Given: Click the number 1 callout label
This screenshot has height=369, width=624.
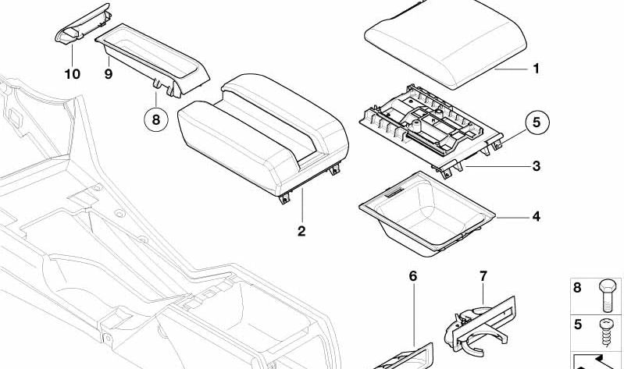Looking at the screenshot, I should coord(536,69).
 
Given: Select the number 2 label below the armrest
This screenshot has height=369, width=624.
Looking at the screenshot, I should coord(301,231).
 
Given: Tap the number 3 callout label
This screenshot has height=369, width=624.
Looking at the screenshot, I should coord(536,166).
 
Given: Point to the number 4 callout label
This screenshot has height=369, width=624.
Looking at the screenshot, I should coord(536,216).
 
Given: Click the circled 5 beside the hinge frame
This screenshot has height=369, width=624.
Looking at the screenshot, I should coord(536,122).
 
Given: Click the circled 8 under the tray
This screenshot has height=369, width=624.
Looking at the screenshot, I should coord(155,120).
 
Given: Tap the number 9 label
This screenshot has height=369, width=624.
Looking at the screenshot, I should coord(109,74).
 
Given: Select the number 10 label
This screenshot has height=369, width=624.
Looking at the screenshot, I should coord(72,74).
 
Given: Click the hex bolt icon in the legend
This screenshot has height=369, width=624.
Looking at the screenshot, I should coord(607,295).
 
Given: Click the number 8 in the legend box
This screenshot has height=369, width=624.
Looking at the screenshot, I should coord(578,288).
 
